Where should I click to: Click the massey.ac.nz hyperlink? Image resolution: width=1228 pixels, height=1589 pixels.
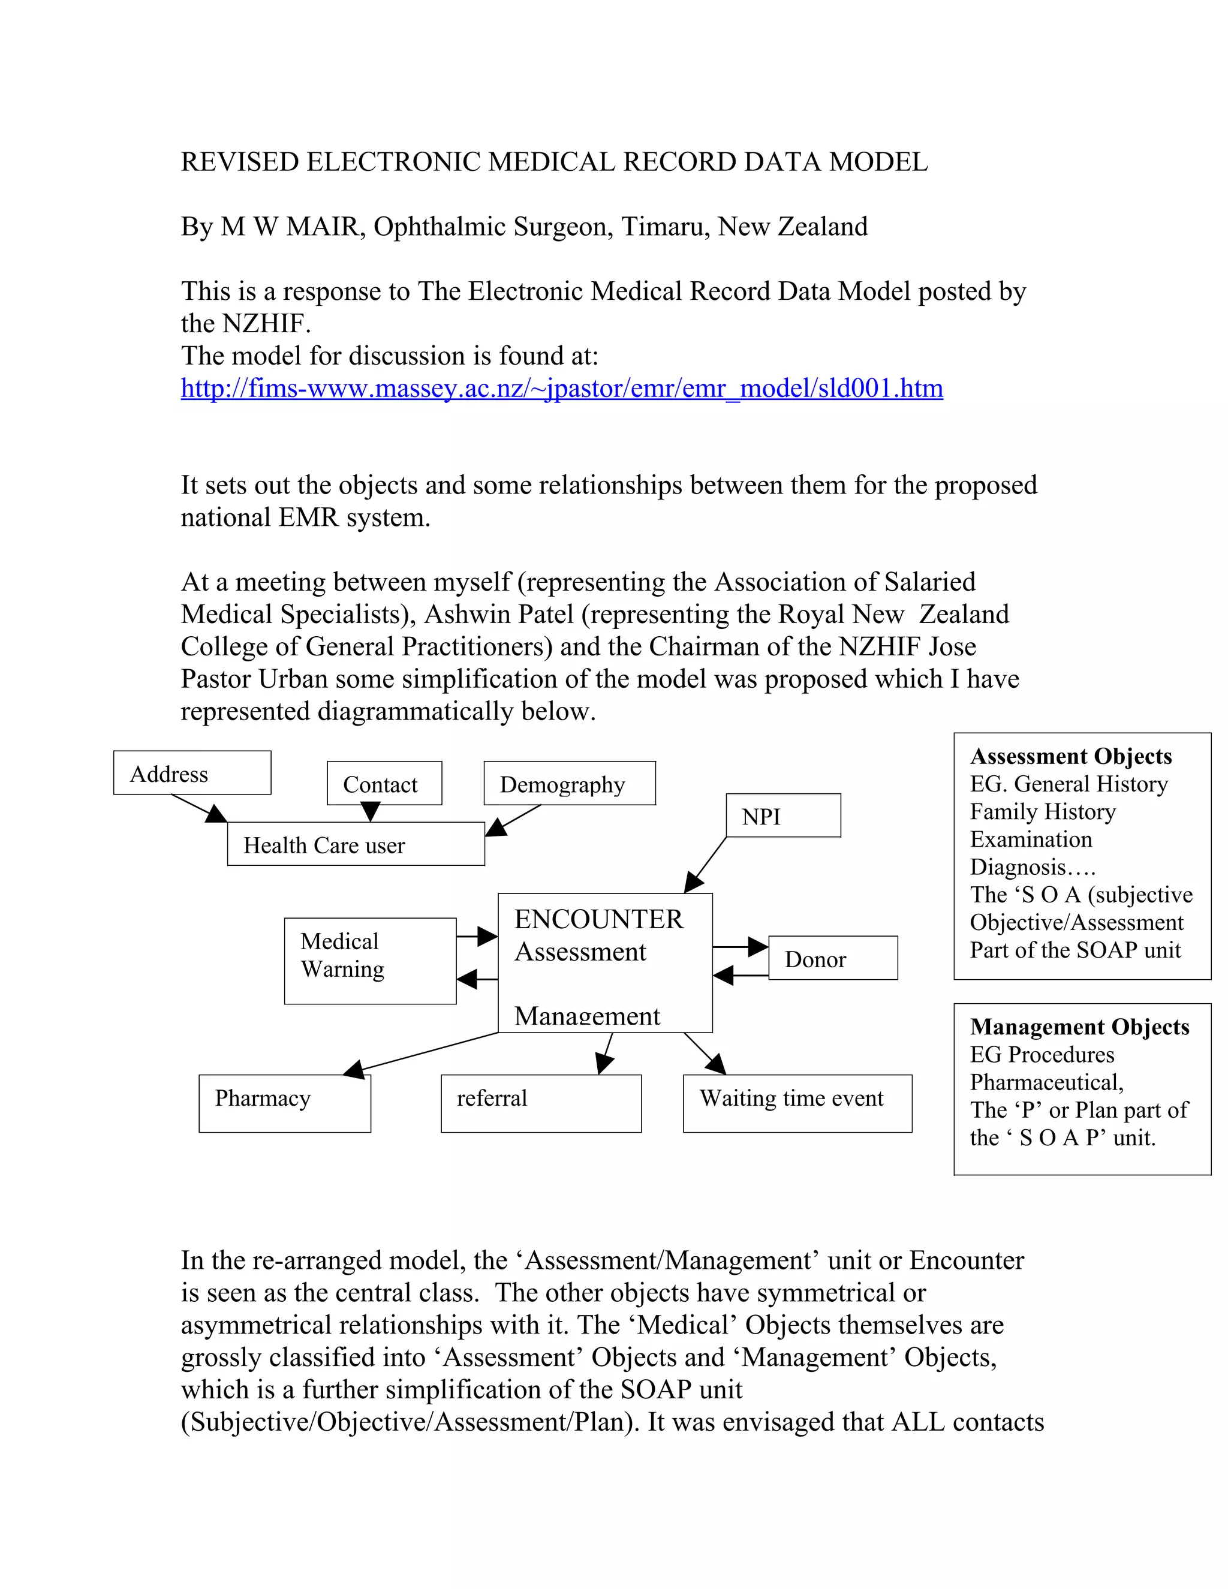point(562,388)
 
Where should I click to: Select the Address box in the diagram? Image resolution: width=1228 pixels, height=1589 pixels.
point(192,773)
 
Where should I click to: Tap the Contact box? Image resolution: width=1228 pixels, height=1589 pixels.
point(384,784)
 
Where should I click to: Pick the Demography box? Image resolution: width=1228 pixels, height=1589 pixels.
point(569,784)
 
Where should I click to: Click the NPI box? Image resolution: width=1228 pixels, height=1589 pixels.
point(782,815)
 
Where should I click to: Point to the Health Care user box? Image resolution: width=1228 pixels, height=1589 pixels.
point(355,844)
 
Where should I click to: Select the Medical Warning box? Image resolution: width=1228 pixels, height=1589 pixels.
point(369,961)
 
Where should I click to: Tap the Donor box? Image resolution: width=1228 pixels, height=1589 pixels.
point(832,958)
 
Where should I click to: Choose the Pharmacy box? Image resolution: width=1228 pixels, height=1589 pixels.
point(284,1103)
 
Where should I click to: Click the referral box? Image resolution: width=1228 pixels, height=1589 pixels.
point(540,1103)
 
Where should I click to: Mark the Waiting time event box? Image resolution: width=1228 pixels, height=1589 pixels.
point(797,1103)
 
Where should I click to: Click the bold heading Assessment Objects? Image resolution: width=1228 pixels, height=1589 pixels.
point(1070,756)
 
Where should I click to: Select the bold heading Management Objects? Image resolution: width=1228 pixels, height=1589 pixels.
point(1079,1027)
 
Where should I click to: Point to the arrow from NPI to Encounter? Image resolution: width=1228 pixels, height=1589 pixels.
point(706,864)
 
